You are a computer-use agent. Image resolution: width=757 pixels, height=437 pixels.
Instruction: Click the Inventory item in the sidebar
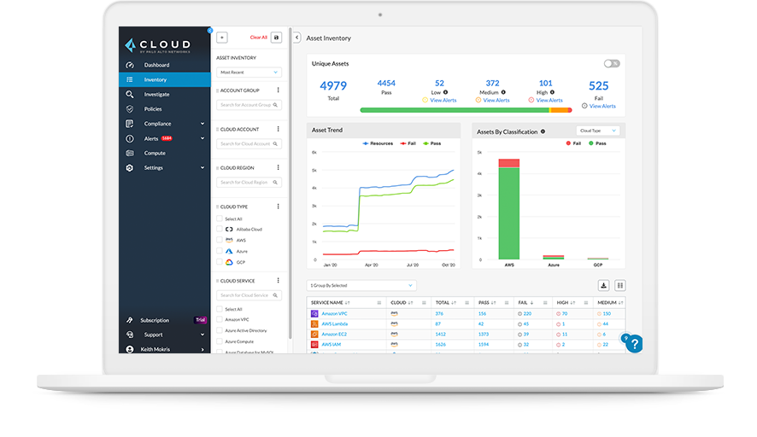click(x=156, y=79)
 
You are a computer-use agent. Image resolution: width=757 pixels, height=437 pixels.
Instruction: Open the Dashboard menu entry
click(x=156, y=65)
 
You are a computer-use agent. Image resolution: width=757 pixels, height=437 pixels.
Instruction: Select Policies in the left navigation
click(x=153, y=109)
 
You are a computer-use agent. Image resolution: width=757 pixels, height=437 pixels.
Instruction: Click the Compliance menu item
click(x=158, y=124)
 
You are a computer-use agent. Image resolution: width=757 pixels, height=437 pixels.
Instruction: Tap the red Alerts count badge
click(x=167, y=138)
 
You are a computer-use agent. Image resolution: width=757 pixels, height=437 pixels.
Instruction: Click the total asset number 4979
click(x=333, y=86)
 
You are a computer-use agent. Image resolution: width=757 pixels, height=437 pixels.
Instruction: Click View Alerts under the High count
click(x=549, y=101)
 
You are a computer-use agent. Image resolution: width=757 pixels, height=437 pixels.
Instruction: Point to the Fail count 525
click(x=598, y=86)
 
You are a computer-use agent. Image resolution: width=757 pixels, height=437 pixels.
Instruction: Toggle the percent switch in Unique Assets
click(x=611, y=63)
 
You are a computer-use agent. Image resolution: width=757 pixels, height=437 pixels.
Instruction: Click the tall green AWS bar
click(x=509, y=213)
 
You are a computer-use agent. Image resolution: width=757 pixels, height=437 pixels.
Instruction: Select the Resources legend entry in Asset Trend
click(x=378, y=143)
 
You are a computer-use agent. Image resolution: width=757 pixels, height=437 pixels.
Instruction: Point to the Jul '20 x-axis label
click(x=413, y=265)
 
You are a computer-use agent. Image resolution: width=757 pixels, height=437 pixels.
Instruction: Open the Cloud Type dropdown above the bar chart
click(x=597, y=131)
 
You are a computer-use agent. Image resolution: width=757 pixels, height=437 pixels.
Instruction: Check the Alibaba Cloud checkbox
click(x=220, y=230)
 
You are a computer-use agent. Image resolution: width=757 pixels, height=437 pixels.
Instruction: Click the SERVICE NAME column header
click(x=327, y=302)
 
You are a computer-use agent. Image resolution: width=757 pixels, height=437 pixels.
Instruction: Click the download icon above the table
click(x=603, y=285)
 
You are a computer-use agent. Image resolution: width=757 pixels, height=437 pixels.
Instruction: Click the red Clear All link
click(x=258, y=38)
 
